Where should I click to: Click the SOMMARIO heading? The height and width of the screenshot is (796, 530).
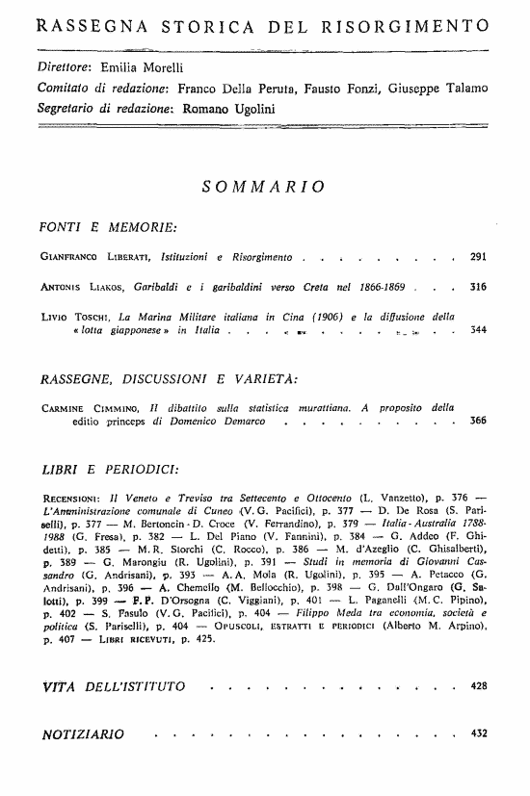[x=262, y=187]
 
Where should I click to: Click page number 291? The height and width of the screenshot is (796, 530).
[x=478, y=258]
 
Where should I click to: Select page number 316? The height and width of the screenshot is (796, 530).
[x=478, y=286]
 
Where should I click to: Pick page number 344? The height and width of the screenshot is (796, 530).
[x=478, y=329]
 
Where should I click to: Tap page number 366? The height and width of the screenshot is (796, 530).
[x=478, y=421]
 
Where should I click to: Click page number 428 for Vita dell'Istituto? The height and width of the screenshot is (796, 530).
[x=478, y=687]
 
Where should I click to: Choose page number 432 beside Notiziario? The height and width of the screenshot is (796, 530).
[x=478, y=734]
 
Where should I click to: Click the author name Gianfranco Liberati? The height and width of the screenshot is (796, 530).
[x=87, y=258]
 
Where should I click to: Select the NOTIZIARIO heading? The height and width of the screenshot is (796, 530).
[x=84, y=735]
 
